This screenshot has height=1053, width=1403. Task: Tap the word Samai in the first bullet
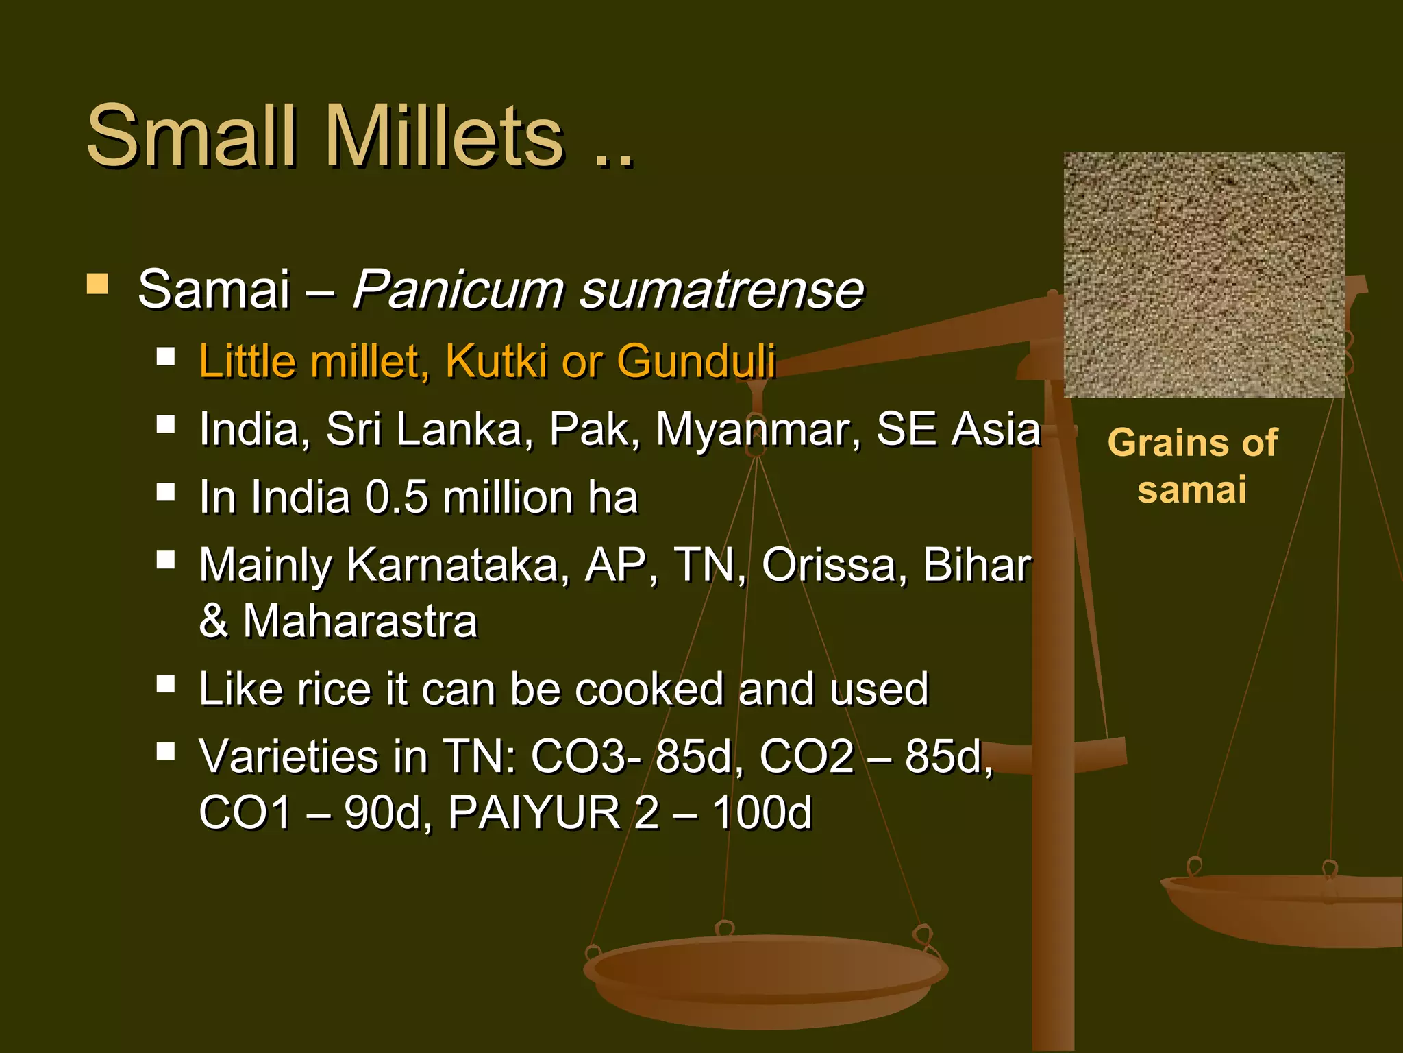(x=214, y=289)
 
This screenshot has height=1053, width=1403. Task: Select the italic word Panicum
(x=457, y=289)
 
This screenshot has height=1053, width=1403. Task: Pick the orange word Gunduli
(x=695, y=361)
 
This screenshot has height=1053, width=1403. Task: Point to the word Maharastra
(x=360, y=621)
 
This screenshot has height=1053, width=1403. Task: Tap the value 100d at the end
(x=761, y=813)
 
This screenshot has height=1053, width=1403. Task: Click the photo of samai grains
(x=1204, y=275)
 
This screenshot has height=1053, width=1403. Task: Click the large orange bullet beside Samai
(x=97, y=284)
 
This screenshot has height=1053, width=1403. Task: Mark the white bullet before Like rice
(x=166, y=683)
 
